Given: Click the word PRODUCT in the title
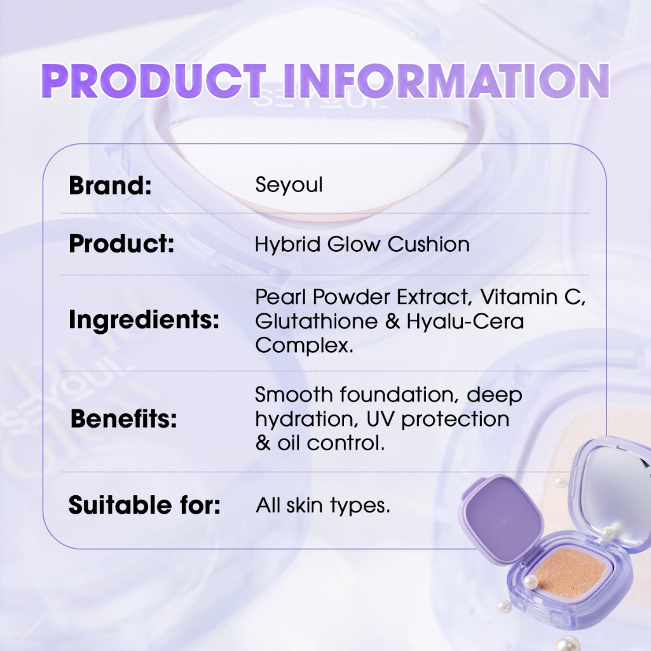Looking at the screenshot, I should (153, 81).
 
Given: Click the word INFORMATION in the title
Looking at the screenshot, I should (438, 81).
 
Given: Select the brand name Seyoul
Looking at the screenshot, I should (289, 186).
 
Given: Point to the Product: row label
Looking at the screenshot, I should (121, 244).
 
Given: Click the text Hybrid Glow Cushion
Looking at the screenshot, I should (362, 244).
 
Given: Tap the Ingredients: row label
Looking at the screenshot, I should (144, 320).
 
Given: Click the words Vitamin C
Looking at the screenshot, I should (533, 297).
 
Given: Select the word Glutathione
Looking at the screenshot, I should (316, 321).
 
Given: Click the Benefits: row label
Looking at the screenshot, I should (123, 419).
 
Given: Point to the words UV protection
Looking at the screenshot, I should (455, 419).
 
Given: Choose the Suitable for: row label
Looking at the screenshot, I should (144, 506).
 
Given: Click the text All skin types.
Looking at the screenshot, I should (323, 507).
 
